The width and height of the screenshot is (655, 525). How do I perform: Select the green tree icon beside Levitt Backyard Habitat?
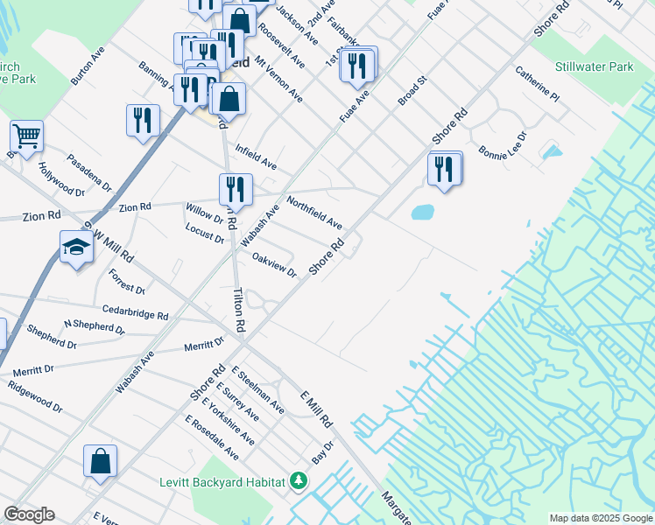pos(299,481)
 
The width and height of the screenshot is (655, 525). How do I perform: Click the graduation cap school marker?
pos(77,248)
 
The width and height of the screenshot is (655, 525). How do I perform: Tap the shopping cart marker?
pos(27,136)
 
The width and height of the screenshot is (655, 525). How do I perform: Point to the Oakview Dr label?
pos(274,264)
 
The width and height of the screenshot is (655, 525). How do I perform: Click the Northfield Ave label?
pos(313,212)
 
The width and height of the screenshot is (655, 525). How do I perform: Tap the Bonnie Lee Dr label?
pos(503,146)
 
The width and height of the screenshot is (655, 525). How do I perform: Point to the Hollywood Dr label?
pos(61,178)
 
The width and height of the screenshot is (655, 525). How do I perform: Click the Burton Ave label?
pos(88,65)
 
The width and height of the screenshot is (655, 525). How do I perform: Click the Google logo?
pos(29,514)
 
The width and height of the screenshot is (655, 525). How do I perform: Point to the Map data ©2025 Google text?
pos(600,518)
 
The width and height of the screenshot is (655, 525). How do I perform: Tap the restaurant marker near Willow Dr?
pos(236,190)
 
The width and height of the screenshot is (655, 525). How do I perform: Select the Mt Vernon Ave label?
pos(279,80)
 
